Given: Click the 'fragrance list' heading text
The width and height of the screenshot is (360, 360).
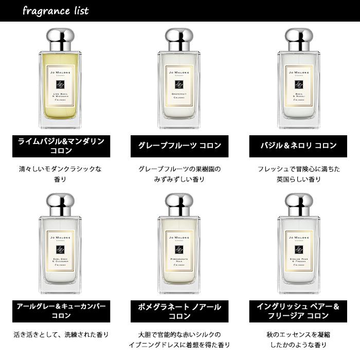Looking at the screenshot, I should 56,11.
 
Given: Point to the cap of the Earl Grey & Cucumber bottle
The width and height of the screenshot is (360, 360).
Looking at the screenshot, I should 61,204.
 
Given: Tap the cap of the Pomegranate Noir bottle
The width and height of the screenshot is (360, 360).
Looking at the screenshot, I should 179,204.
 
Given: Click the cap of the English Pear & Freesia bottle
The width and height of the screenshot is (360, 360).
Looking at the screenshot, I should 299,204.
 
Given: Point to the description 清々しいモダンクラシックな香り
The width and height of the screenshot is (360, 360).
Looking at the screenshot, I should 61,174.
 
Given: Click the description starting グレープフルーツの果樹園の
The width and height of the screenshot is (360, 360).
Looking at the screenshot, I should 179,174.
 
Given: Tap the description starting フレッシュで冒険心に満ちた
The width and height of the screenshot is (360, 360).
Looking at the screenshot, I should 299,174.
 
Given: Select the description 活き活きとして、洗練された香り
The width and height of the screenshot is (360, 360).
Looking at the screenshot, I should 61,335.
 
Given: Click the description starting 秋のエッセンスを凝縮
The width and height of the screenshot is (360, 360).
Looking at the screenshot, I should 299,339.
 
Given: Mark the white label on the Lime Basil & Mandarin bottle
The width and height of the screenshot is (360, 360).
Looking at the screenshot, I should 61,88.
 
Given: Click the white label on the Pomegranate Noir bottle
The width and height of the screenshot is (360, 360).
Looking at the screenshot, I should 179,253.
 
